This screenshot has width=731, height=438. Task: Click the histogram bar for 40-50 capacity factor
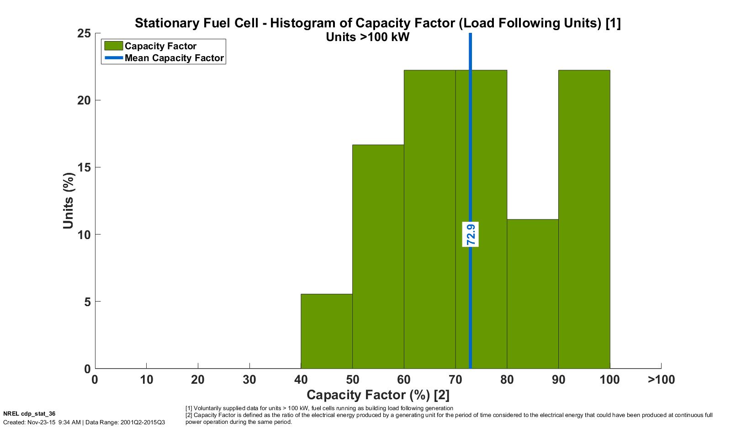tap(326, 331)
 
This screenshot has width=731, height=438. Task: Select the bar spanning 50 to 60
tap(378, 256)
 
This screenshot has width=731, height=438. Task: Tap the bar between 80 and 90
tap(532, 294)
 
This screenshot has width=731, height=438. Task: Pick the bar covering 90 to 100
tap(584, 219)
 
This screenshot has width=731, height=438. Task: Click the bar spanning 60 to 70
tap(429, 219)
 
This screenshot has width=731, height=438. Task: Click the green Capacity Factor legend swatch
tap(113, 46)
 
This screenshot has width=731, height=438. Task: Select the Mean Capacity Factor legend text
tap(174, 58)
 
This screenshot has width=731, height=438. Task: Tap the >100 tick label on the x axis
tap(661, 380)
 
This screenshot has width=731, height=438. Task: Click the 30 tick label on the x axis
tap(249, 380)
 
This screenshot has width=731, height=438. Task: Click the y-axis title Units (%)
tap(69, 201)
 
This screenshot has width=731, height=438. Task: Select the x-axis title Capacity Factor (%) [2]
tap(378, 395)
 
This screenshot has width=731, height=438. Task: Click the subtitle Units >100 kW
tap(367, 37)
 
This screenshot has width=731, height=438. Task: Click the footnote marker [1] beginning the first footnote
tap(189, 408)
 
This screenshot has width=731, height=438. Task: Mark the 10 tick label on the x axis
tap(146, 380)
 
